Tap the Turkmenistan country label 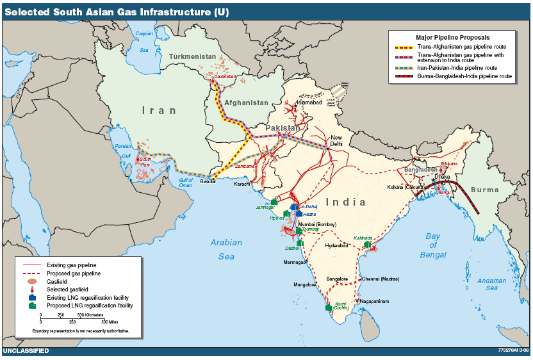click(x=192, y=57)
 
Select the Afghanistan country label click(x=245, y=102)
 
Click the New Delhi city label click(x=336, y=141)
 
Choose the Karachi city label click(x=243, y=184)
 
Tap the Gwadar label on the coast click(x=208, y=182)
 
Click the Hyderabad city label click(x=336, y=245)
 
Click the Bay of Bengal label click(x=433, y=245)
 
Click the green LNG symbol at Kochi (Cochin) click(x=329, y=308)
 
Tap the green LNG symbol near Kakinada click(x=367, y=245)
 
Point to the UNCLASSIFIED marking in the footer click(x=26, y=351)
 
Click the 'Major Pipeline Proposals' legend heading click(x=452, y=38)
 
